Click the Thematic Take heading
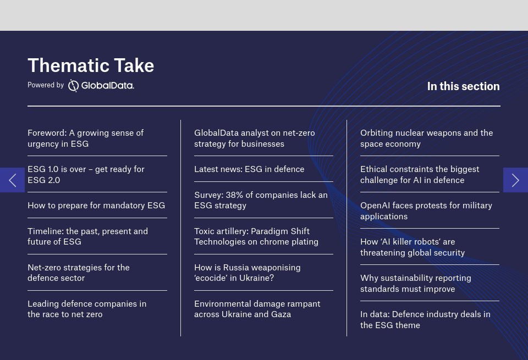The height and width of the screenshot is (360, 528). click(x=91, y=65)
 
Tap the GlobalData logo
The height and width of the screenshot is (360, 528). click(x=101, y=85)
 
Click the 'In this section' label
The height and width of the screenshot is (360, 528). click(x=463, y=86)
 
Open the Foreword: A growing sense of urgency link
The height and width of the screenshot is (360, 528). click(x=86, y=139)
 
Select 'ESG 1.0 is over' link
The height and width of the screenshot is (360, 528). click(x=86, y=175)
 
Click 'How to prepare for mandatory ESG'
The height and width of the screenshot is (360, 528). click(x=96, y=206)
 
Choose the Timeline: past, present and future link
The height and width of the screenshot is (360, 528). click(x=87, y=236)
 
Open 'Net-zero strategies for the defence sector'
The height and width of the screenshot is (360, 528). click(x=79, y=273)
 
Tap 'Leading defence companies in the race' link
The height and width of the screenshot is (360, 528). click(x=87, y=309)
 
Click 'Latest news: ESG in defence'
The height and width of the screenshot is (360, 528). click(x=249, y=169)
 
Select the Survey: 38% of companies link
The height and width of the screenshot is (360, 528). click(x=261, y=200)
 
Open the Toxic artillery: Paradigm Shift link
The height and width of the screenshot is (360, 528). click(x=256, y=236)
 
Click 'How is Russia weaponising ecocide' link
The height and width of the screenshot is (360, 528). click(x=248, y=273)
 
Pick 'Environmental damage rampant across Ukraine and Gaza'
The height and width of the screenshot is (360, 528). click(x=257, y=309)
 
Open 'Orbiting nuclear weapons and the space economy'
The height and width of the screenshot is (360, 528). click(x=426, y=139)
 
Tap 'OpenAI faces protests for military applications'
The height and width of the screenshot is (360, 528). click(x=426, y=211)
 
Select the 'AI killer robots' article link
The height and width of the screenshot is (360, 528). click(x=413, y=247)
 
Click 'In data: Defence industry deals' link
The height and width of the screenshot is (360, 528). click(x=425, y=320)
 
